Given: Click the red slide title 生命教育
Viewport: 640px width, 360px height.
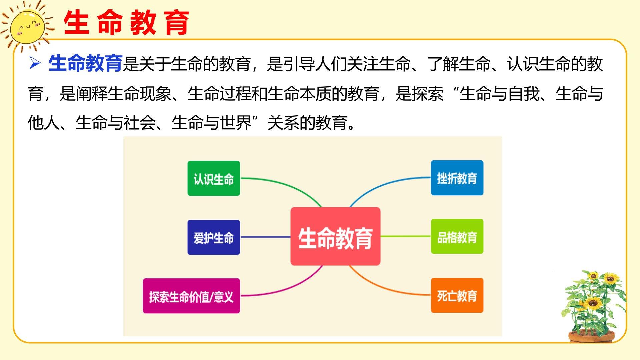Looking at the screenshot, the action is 126,23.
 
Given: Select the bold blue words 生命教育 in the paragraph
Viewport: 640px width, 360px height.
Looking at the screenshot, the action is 85,63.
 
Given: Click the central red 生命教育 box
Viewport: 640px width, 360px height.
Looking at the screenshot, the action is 335,236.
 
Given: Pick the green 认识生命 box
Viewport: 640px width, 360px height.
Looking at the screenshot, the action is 214,178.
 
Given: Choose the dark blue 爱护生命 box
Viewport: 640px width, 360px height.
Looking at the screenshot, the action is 214,237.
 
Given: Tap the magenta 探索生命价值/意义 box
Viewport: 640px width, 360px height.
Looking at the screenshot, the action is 191,296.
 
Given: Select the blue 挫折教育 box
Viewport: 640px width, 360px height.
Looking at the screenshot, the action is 457,178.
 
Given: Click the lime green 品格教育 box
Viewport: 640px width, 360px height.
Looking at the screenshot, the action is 457,237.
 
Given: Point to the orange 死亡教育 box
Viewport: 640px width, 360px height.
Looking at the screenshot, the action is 457,295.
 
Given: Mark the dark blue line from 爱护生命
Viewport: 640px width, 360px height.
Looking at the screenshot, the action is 265,237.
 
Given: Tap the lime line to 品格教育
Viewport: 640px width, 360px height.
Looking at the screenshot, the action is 406,236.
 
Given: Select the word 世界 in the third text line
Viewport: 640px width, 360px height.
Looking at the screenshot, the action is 235,123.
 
